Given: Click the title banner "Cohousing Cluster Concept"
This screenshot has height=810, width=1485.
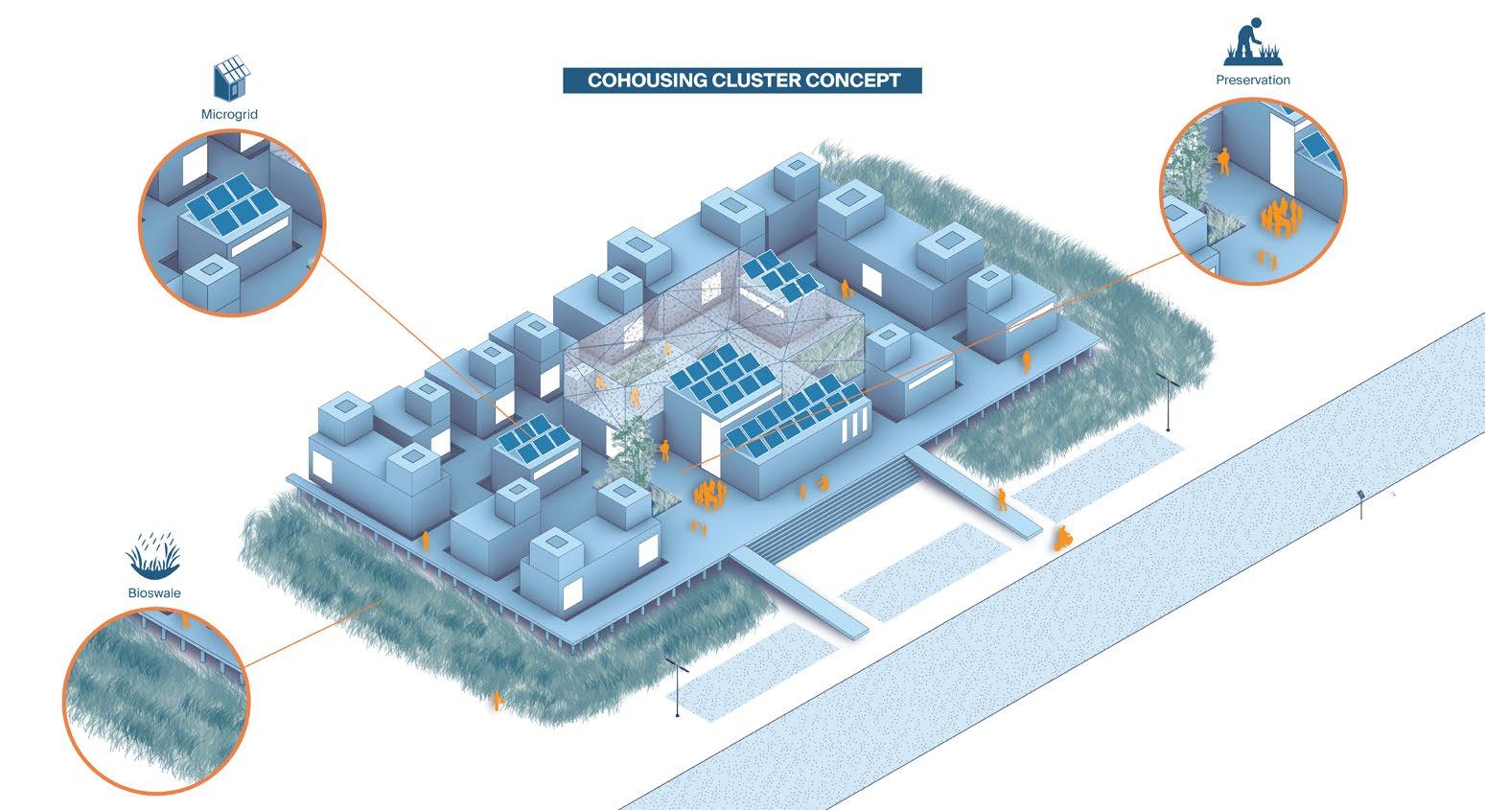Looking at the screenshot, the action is click(x=742, y=81).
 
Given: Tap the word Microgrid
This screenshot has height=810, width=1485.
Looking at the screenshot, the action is click(x=229, y=114).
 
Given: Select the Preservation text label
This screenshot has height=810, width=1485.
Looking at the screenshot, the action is click(x=1252, y=80).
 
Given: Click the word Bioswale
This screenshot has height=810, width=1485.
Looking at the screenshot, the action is click(x=154, y=592).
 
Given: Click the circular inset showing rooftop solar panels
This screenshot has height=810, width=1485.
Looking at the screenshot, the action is click(x=233, y=222).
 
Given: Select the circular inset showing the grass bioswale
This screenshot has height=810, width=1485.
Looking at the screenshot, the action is click(x=156, y=699).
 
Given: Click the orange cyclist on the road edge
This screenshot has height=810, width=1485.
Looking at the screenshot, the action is click(x=1062, y=538).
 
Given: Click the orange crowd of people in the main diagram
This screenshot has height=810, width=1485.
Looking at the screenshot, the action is click(x=708, y=495).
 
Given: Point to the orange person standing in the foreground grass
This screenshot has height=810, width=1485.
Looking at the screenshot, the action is click(x=498, y=701).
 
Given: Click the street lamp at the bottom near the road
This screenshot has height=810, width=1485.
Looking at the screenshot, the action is click(x=678, y=686).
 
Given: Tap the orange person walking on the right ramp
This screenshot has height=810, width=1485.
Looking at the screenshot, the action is click(x=1002, y=498).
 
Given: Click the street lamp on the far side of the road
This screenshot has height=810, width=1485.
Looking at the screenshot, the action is click(x=1360, y=503).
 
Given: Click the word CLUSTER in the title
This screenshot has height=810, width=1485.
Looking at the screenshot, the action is click(x=755, y=81).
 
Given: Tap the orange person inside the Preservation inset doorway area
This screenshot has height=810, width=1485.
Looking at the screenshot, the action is click(x=1224, y=159).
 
